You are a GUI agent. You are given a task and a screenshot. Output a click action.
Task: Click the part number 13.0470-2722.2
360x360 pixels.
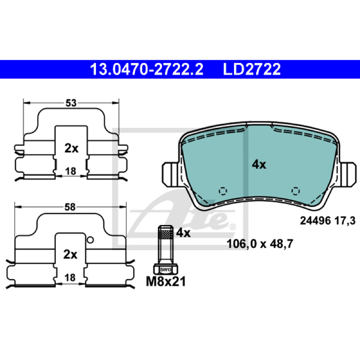pos(147,69)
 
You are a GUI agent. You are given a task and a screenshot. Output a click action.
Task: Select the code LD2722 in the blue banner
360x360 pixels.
pos(252,69)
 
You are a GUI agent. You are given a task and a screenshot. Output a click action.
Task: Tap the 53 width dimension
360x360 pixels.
pos(71,103)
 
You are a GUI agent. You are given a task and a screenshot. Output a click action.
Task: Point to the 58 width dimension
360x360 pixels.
pos(70,207)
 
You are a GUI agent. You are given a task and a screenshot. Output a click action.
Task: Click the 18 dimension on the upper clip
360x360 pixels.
pos(71,171)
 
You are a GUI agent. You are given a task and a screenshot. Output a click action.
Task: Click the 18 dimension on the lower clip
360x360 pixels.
pos(70,278)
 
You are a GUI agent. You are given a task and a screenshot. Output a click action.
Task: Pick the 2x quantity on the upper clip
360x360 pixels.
pos(72,148)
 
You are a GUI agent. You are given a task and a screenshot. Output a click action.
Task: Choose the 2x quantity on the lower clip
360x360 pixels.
pos(70,254)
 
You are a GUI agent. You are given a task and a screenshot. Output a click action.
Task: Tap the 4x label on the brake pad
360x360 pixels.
pos(259,165)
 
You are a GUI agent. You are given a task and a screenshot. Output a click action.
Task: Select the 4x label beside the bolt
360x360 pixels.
pos(183,233)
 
